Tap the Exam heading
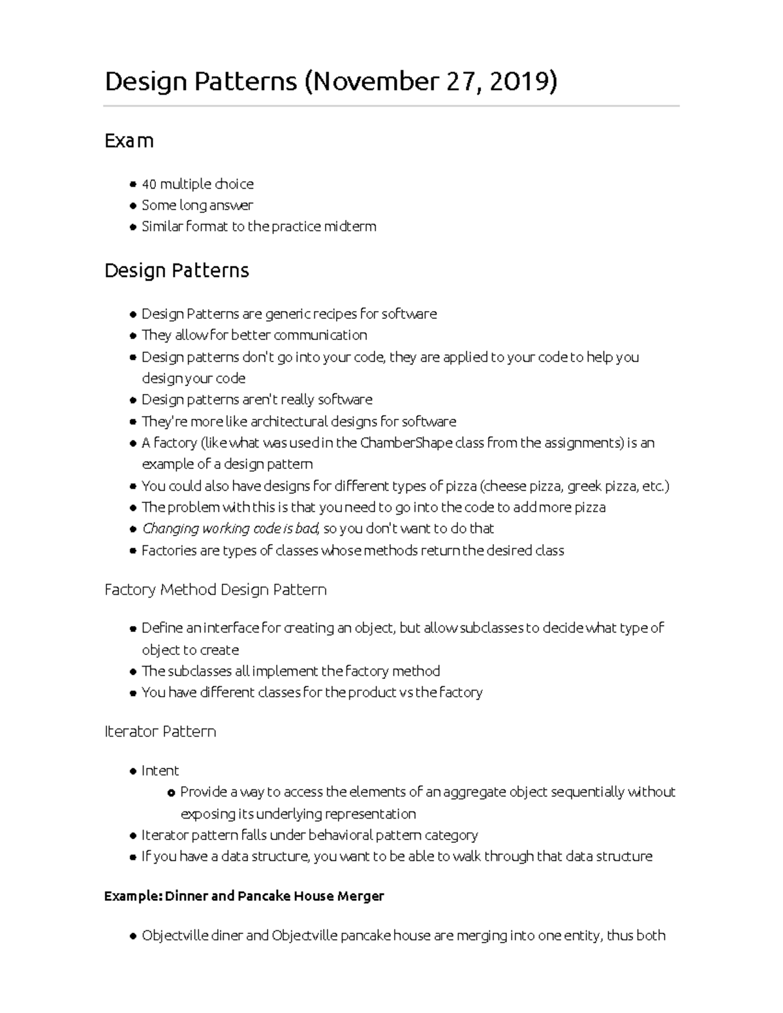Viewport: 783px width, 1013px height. pos(129,141)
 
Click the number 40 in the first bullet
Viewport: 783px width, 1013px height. pos(149,184)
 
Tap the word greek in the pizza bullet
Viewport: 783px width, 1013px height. pos(585,486)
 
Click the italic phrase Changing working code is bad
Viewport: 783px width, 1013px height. pos(230,528)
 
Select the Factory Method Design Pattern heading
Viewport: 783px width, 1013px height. pos(215,590)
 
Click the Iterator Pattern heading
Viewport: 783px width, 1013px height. pos(160,732)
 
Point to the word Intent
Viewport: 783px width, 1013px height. pos(160,771)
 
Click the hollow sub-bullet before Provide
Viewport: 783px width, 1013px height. pos(171,793)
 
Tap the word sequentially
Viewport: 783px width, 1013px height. pos(587,792)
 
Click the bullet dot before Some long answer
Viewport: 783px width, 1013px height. pos(133,206)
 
